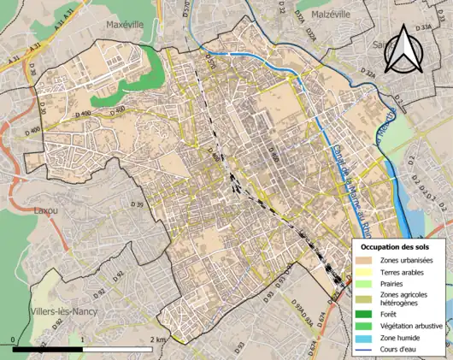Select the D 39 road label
coord(138,206)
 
